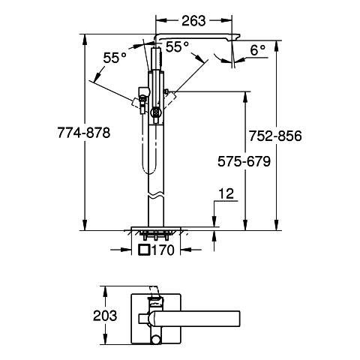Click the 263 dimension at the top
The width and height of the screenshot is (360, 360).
click(x=193, y=21)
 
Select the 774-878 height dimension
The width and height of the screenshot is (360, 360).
click(x=84, y=133)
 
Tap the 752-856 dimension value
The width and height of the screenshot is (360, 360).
click(x=275, y=136)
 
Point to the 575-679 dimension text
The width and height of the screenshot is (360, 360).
click(x=244, y=161)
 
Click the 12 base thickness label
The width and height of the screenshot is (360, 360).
click(x=226, y=193)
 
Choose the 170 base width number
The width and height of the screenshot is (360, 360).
click(x=163, y=250)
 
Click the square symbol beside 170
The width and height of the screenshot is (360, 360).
click(x=145, y=250)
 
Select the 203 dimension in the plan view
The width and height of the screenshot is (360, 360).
click(x=105, y=316)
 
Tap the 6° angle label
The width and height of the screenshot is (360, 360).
click(x=258, y=51)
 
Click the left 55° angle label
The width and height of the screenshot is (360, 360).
click(x=115, y=58)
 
